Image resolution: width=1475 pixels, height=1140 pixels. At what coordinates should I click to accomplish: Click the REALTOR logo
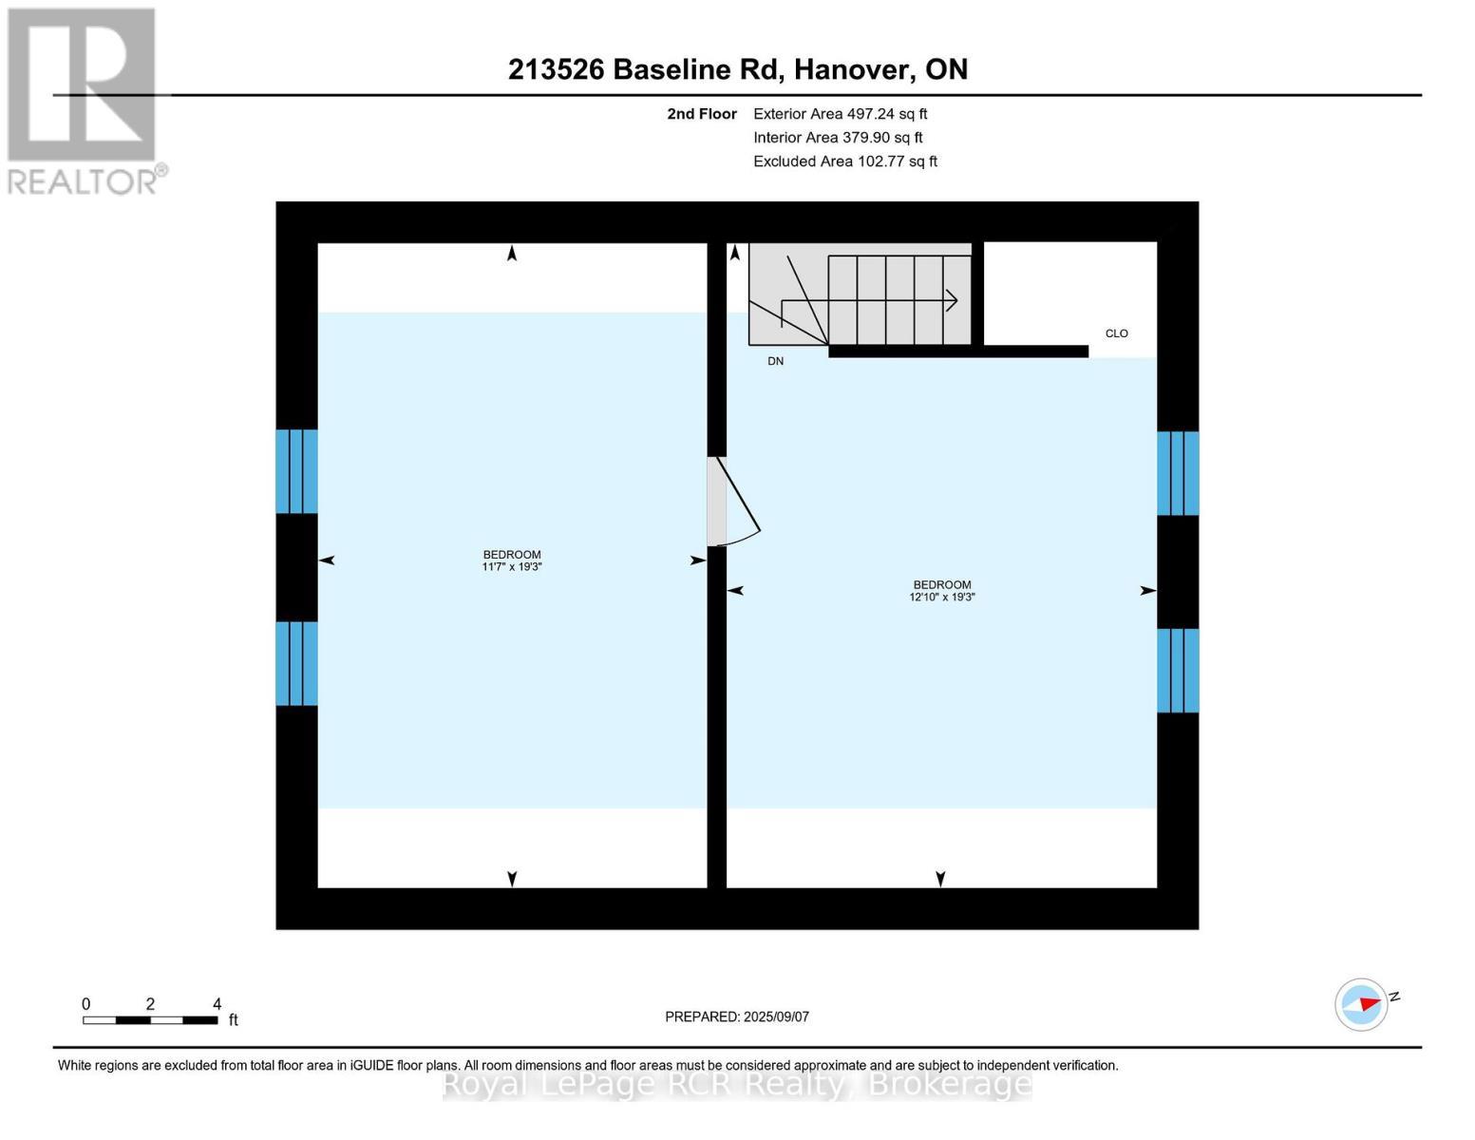(x=84, y=100)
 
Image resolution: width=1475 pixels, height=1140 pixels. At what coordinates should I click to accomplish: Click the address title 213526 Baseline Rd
(x=737, y=69)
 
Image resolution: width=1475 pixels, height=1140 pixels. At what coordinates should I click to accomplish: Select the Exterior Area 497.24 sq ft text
(x=840, y=114)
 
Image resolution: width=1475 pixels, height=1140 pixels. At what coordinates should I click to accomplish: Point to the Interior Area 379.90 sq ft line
(x=838, y=138)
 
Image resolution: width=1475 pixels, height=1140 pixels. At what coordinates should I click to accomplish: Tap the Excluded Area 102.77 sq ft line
(x=845, y=161)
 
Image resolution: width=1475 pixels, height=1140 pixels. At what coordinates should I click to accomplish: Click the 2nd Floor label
(x=702, y=114)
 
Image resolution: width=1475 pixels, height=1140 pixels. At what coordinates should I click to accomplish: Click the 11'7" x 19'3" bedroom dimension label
(x=512, y=567)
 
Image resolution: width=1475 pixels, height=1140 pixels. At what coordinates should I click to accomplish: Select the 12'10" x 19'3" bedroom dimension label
(x=942, y=598)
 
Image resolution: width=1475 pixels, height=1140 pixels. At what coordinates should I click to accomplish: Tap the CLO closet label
(x=1117, y=333)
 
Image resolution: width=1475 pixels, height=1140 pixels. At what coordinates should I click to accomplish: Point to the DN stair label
(x=776, y=362)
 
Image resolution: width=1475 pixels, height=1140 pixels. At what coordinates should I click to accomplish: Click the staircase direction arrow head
(x=952, y=301)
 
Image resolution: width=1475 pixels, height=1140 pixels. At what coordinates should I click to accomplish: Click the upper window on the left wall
(x=296, y=472)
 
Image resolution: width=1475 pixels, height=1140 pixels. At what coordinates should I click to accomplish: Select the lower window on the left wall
(x=296, y=664)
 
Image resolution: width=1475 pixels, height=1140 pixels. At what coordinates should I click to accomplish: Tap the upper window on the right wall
(x=1178, y=474)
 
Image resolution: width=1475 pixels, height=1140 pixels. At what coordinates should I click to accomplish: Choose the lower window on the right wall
(x=1178, y=671)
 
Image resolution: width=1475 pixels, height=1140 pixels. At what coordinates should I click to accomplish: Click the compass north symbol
(x=1362, y=1004)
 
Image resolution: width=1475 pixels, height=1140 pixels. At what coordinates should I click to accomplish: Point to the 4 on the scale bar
(x=217, y=1004)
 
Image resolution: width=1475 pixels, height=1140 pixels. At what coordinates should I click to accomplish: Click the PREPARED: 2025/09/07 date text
(x=737, y=1016)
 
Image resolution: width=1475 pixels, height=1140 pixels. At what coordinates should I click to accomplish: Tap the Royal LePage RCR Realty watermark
(x=737, y=1084)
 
